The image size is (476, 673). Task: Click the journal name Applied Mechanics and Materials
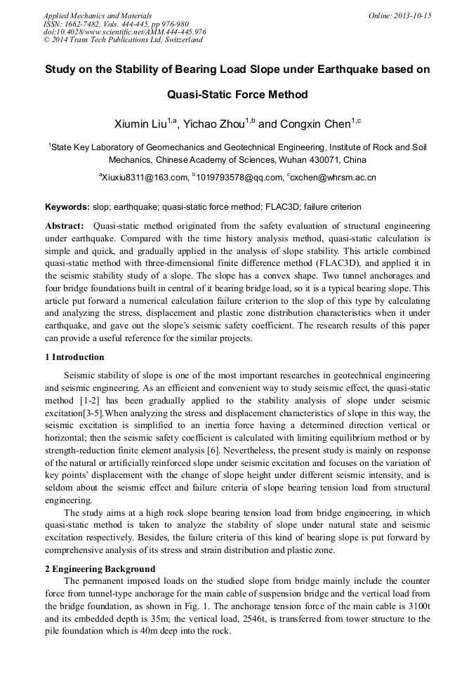pyautogui.click(x=97, y=15)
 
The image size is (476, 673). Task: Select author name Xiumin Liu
pyautogui.click(x=141, y=125)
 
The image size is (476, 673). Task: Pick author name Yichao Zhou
pyautogui.click(x=214, y=125)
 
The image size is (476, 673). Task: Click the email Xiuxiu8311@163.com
pyautogui.click(x=145, y=178)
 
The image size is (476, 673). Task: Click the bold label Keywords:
pyautogui.click(x=67, y=207)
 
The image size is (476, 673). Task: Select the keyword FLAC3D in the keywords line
pyautogui.click(x=290, y=207)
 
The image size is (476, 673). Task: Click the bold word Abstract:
pyautogui.click(x=65, y=226)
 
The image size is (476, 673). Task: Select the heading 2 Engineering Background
pyautogui.click(x=100, y=568)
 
